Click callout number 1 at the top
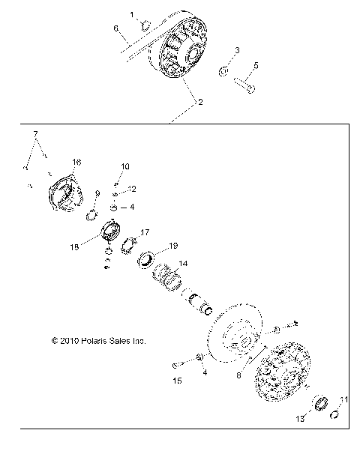click(133, 15)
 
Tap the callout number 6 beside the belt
click(116, 28)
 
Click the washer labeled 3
click(223, 72)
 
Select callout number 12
click(131, 188)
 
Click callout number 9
click(97, 194)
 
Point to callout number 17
click(145, 232)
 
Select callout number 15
click(177, 381)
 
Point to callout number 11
click(345, 399)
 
